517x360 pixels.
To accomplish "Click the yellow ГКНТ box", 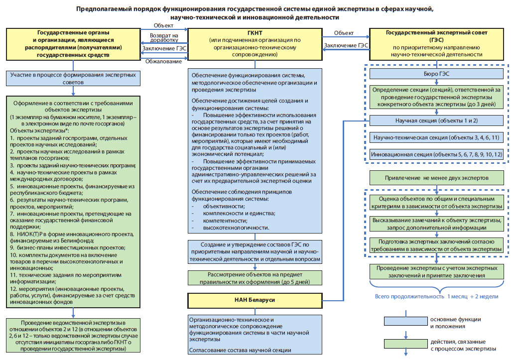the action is [255, 44].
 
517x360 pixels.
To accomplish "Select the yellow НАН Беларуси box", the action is [255, 300].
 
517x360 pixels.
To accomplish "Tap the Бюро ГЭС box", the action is [436, 74].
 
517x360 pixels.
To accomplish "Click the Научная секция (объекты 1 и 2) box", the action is [436, 120].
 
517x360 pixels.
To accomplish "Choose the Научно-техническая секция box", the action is [436, 137].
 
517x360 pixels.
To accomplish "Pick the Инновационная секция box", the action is [436, 154].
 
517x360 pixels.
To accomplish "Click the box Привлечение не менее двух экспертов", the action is [436, 178].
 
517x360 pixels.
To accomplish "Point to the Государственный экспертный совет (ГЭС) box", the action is [436, 43].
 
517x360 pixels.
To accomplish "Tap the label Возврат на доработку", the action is [164, 37].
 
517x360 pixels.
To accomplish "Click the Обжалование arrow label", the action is [163, 61].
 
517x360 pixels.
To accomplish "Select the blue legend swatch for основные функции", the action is [405, 321].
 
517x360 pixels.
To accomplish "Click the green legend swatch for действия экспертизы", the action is [405, 344].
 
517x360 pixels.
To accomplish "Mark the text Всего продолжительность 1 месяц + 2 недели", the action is [436, 296].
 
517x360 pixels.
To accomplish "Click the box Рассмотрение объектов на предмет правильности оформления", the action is [255, 278].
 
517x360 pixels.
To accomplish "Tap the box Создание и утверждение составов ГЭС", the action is [255, 252].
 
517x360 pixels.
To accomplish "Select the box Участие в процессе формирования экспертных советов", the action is [73, 79].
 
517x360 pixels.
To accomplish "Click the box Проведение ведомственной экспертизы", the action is [73, 336].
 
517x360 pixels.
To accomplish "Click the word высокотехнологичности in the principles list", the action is [236, 228].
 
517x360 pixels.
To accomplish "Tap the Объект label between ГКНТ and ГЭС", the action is [344, 33].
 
